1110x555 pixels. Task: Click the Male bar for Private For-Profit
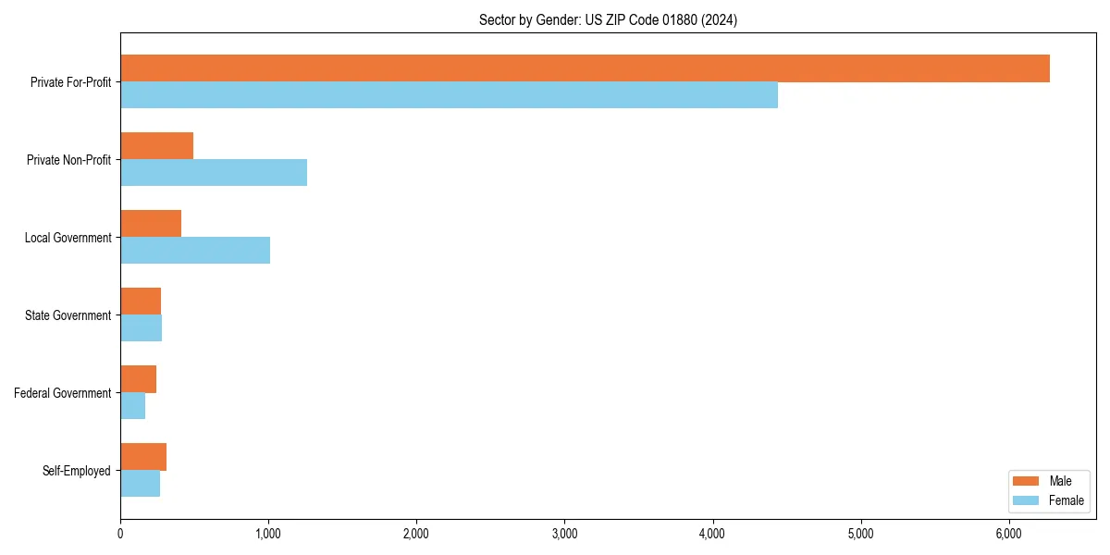pyautogui.click(x=585, y=68)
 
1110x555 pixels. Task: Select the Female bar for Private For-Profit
pyautogui.click(x=449, y=95)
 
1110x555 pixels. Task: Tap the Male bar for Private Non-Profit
pyautogui.click(x=156, y=146)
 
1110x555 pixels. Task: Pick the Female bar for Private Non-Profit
pyautogui.click(x=214, y=173)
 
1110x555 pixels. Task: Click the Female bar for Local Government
pyautogui.click(x=195, y=251)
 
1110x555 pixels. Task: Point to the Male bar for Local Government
pyautogui.click(x=151, y=224)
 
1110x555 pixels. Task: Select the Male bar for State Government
pyautogui.click(x=141, y=302)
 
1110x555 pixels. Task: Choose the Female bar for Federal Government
pyautogui.click(x=132, y=406)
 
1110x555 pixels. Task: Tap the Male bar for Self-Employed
pyautogui.click(x=143, y=457)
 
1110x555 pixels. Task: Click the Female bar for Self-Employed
pyautogui.click(x=140, y=484)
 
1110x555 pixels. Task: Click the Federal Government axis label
pyautogui.click(x=63, y=393)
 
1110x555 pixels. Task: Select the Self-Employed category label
pyautogui.click(x=76, y=471)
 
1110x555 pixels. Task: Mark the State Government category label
pyautogui.click(x=68, y=315)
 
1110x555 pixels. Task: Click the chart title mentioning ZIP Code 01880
pyautogui.click(x=608, y=19)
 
